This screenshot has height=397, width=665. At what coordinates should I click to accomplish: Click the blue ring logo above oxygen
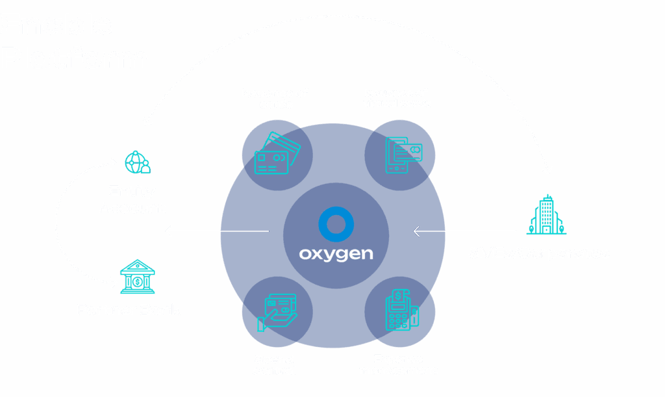[335, 224]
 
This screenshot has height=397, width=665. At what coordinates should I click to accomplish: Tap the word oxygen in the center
[336, 253]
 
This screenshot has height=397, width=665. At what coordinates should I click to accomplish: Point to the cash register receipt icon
[401, 310]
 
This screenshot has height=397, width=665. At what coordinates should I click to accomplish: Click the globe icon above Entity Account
[137, 162]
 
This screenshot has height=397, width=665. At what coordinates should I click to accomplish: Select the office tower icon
[546, 214]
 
